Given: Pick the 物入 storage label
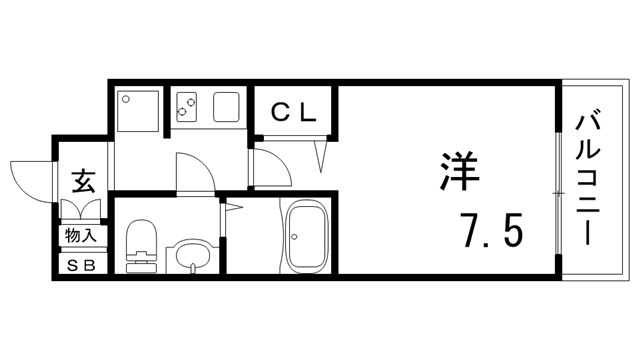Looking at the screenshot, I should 81,236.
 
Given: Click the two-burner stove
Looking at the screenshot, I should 189,107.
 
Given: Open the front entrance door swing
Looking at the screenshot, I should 30,177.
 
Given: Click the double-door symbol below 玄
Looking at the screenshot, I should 81,209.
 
